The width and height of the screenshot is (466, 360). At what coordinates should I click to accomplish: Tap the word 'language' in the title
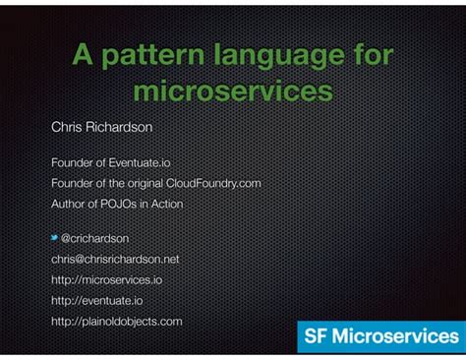point(277,55)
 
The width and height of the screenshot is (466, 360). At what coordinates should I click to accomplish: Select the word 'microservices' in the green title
point(232,90)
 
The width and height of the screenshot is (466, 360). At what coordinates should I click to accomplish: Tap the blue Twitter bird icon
point(55,237)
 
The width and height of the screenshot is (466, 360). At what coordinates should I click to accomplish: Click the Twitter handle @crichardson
point(95,238)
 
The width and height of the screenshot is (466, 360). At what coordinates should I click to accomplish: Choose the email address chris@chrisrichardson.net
point(115,259)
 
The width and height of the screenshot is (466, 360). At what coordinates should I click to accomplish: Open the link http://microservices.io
point(106,279)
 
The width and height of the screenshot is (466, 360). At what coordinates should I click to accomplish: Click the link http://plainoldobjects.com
point(116,321)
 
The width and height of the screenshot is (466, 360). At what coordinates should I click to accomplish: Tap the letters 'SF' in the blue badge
point(315,336)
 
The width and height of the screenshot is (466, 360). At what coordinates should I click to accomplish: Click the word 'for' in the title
point(370,55)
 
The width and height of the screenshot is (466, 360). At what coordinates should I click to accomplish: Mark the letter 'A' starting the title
point(83,55)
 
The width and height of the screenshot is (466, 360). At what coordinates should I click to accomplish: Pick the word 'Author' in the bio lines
point(68,204)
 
